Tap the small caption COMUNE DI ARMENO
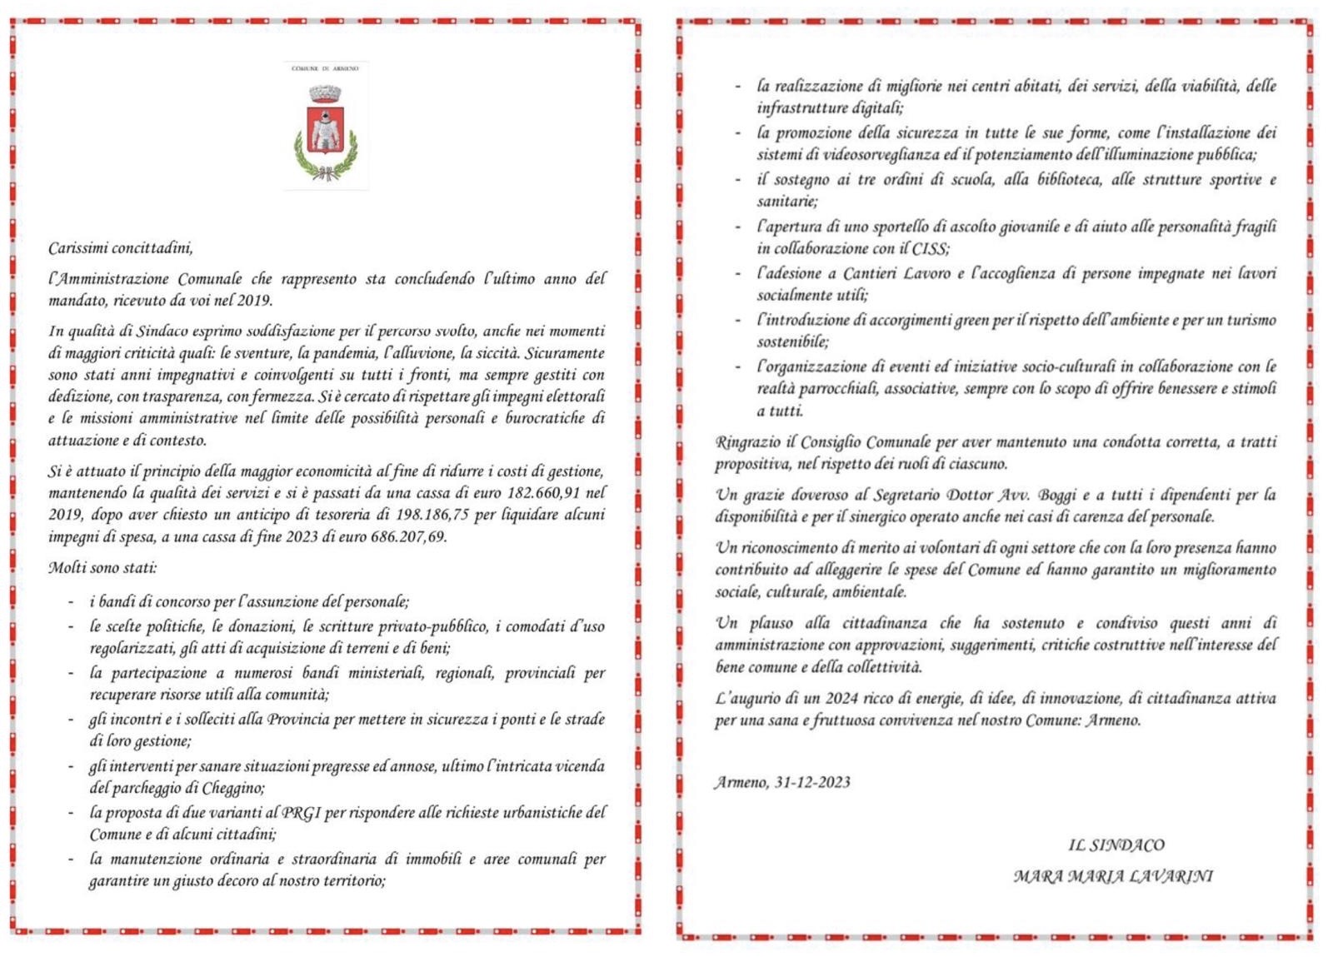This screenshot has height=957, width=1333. pos(325,68)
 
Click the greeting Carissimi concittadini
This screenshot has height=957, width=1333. pos(120,248)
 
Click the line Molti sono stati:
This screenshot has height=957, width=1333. pos(102,568)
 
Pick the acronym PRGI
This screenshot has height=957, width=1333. pos(301,813)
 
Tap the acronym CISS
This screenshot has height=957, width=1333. pos(931,248)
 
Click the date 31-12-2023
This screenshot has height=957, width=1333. pos(812,782)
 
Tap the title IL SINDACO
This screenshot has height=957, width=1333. pos(1116,845)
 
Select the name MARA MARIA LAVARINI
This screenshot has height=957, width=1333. pos(1113,876)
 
